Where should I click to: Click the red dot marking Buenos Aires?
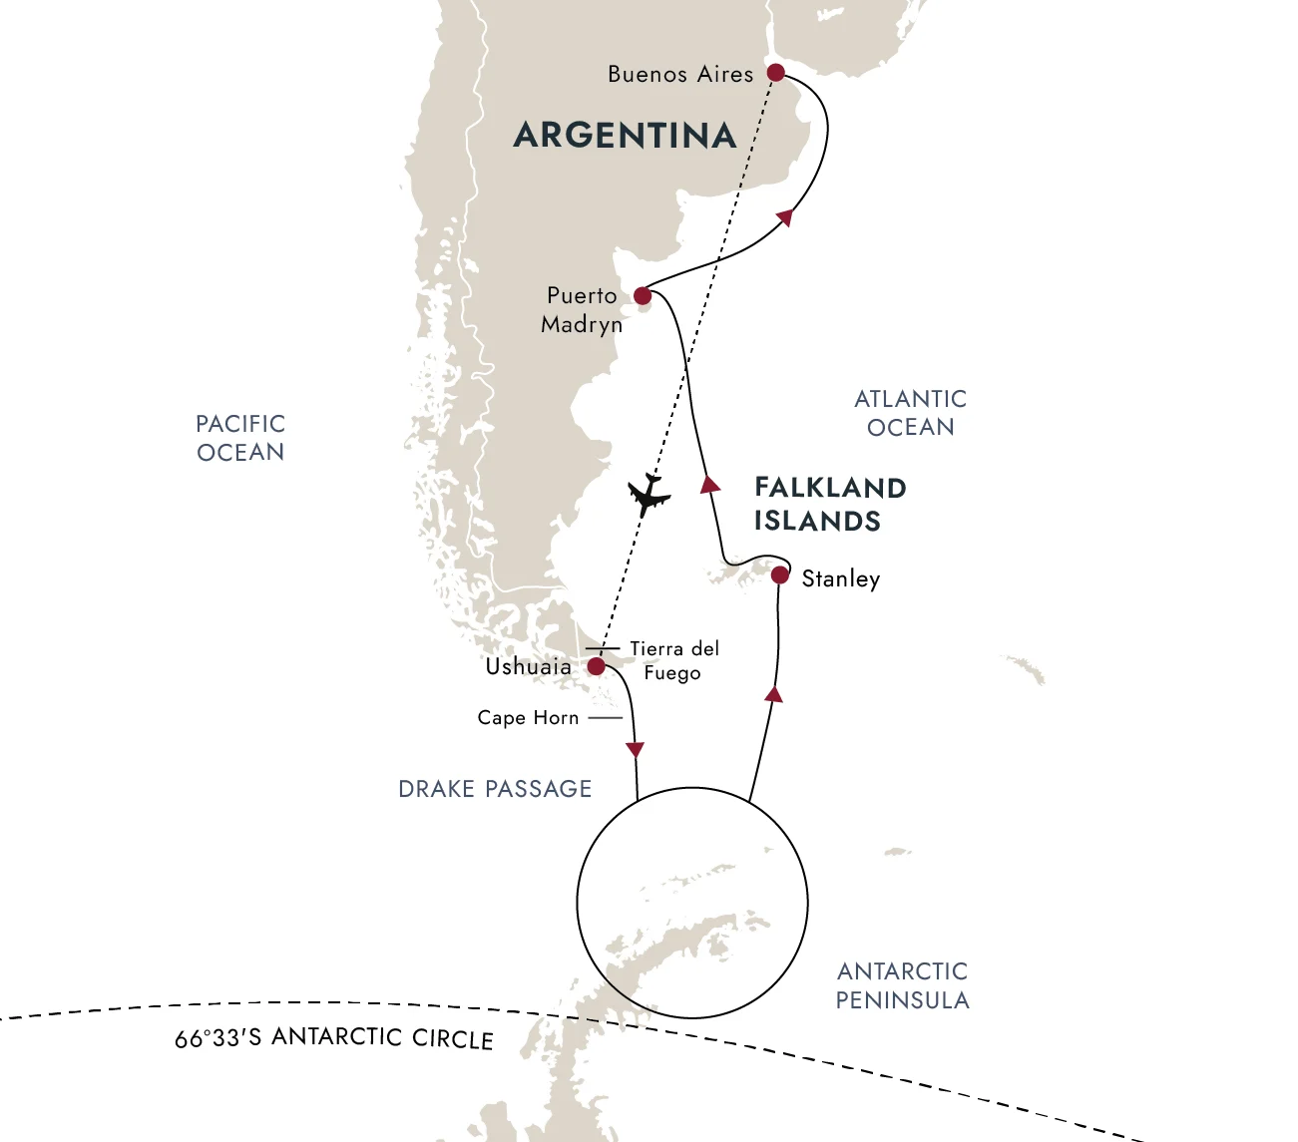[x=775, y=73]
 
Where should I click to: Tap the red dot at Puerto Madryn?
[x=643, y=295]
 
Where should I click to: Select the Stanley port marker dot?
[x=780, y=575]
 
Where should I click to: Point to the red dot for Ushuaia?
[x=596, y=666]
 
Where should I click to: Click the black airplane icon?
[x=649, y=495]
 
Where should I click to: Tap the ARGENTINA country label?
[x=625, y=136]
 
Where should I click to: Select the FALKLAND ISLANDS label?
[x=829, y=504]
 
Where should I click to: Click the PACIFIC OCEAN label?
[x=240, y=438]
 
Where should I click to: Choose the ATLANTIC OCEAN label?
[x=910, y=413]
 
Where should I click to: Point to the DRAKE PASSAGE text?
[x=495, y=789]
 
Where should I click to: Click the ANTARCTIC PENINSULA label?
[x=902, y=985]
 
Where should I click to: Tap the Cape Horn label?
[x=528, y=717]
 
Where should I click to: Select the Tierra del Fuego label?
[x=673, y=660]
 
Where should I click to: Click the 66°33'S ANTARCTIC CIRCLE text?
[x=334, y=1038]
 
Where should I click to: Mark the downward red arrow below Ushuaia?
[x=635, y=750]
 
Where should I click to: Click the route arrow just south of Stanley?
[x=773, y=693]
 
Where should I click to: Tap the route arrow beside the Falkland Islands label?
[x=709, y=485]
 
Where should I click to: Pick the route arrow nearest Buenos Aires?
[x=785, y=217]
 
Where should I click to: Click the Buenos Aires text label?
[x=680, y=74]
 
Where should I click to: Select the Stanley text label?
[x=840, y=578]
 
